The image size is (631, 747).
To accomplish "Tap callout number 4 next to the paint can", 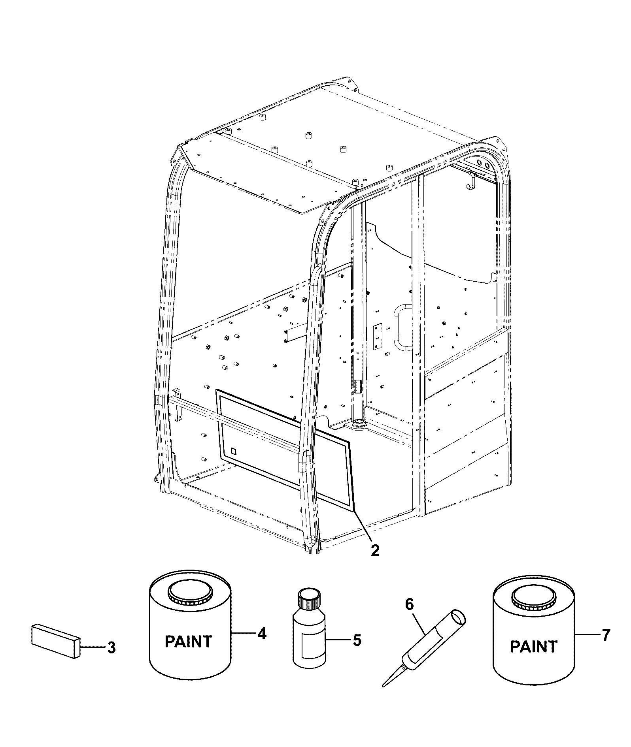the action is [x=262, y=634].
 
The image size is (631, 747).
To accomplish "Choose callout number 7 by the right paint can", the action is [x=606, y=635].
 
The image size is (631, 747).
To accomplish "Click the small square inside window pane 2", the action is [x=233, y=451].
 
